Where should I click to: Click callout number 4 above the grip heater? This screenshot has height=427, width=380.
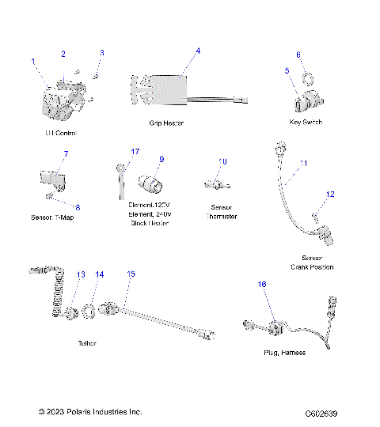[x=198, y=51]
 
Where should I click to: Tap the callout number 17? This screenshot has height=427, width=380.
[x=135, y=152]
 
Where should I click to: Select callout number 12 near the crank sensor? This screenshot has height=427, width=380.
[x=331, y=194]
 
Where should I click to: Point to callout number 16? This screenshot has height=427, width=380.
[x=262, y=283]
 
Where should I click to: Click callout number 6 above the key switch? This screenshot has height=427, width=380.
[x=298, y=55]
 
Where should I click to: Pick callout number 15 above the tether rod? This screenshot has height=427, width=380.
[x=131, y=274]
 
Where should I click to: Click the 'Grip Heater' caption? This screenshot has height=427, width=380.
[x=166, y=123]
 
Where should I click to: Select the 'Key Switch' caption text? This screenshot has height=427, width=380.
[x=306, y=123]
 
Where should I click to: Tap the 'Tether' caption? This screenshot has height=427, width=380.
[x=87, y=344]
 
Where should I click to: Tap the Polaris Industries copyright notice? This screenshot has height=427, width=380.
[x=90, y=412]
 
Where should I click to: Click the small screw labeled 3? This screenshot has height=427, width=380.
[x=94, y=76]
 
